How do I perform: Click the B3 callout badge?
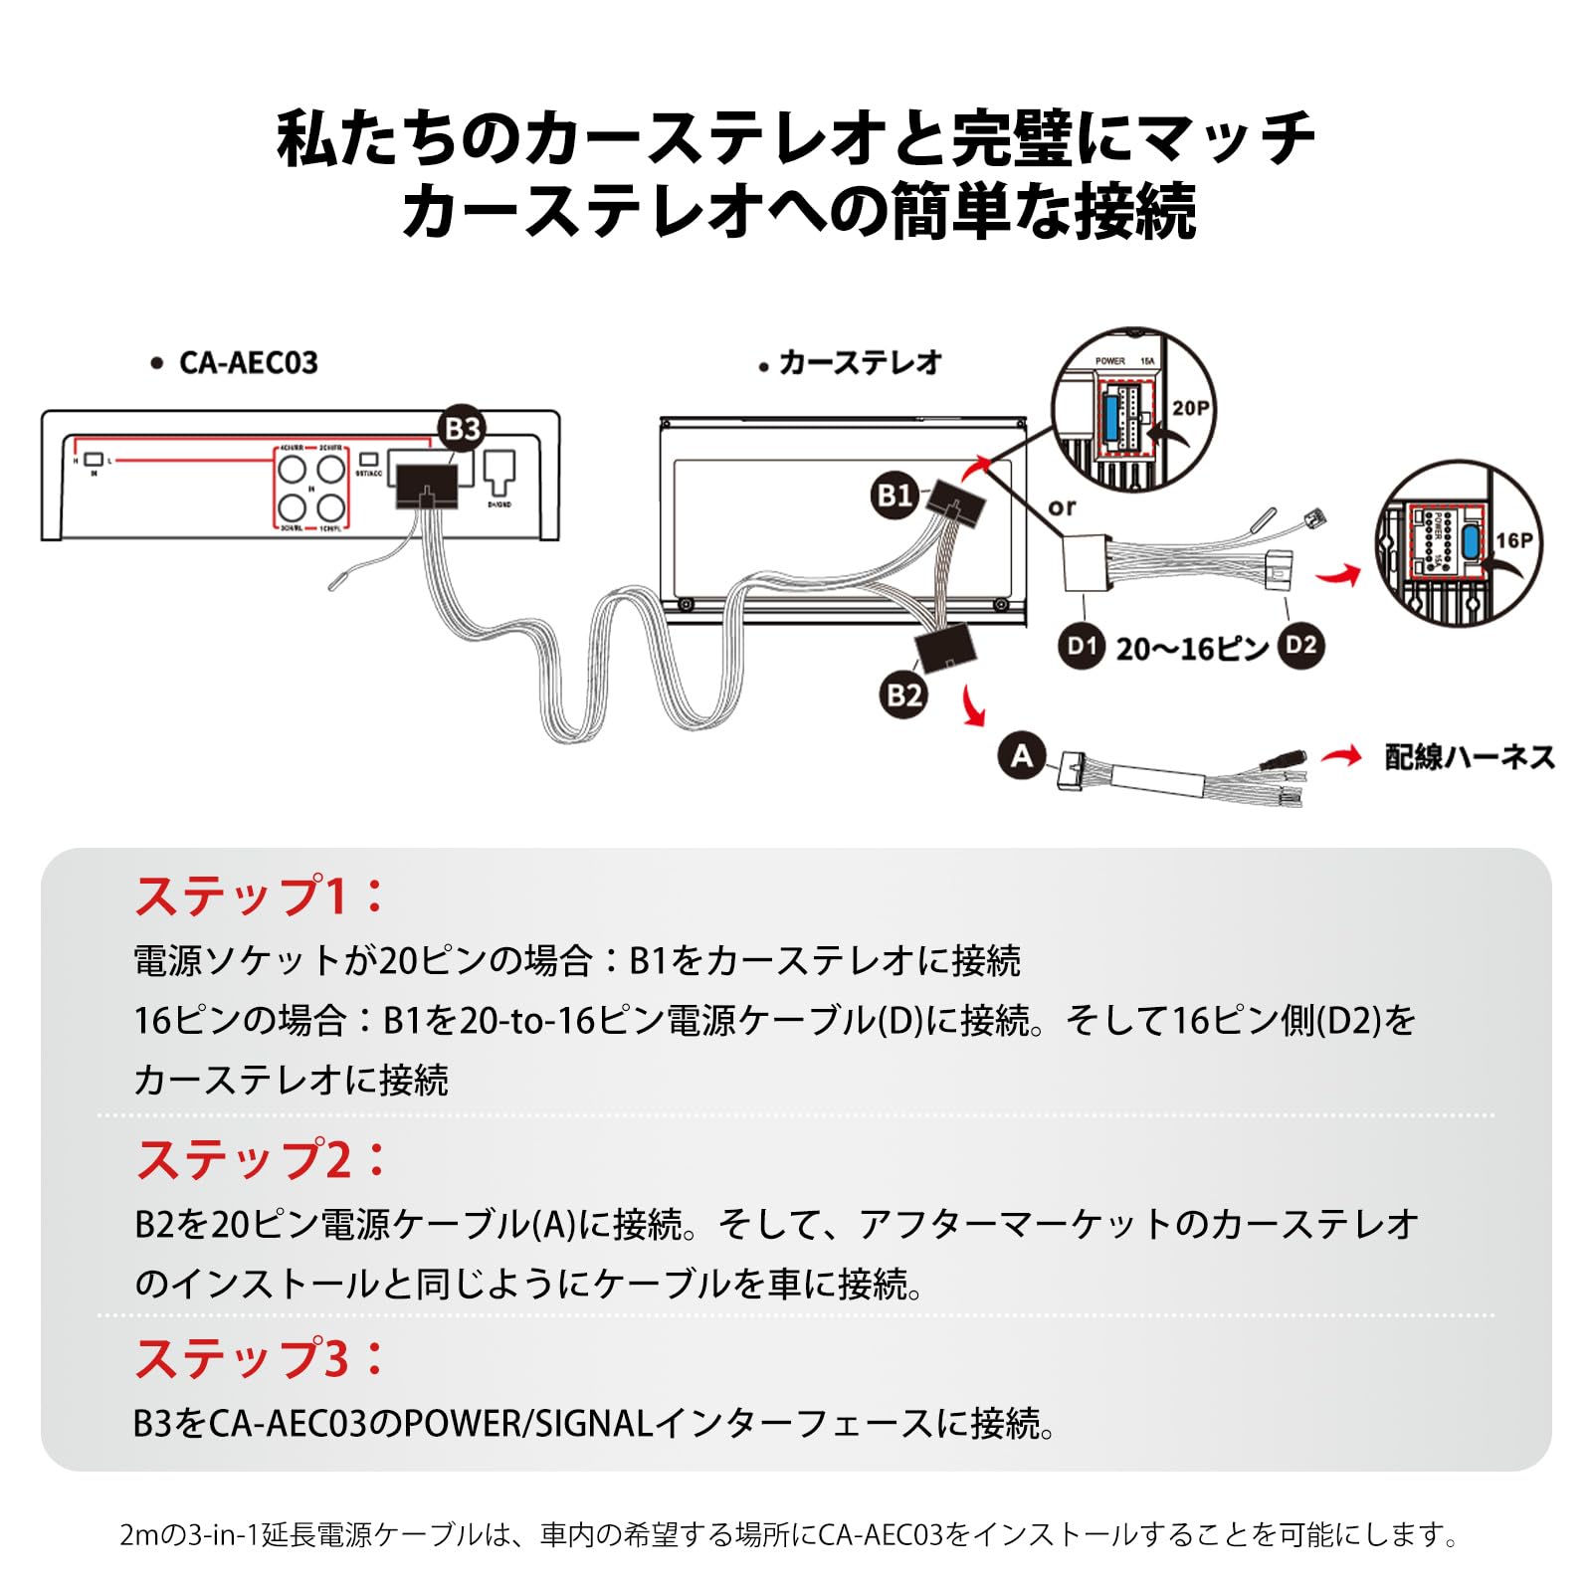[x=462, y=429]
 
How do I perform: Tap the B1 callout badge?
[x=894, y=495]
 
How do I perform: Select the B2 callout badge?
[x=903, y=694]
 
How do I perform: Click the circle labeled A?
[x=1022, y=756]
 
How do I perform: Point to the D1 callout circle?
[x=1081, y=647]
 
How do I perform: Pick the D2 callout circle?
[x=1300, y=647]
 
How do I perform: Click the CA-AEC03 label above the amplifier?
[x=248, y=363]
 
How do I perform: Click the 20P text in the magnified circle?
[x=1190, y=408]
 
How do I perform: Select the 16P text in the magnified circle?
[x=1514, y=540]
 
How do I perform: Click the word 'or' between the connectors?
[x=1062, y=507]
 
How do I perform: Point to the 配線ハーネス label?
[x=1470, y=757]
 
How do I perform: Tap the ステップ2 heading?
[x=260, y=1159]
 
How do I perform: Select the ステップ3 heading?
[x=260, y=1358]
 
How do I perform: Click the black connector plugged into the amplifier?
[x=426, y=487]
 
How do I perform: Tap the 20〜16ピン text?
[x=1191, y=649]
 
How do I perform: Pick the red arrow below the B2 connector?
[x=972, y=707]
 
